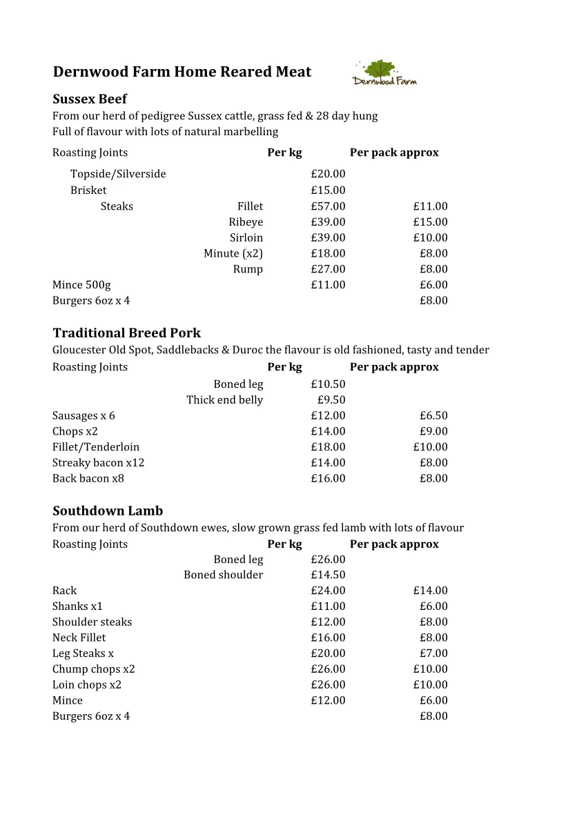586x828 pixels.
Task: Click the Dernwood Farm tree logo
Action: [384, 72]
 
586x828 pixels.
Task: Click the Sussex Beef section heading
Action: [90, 99]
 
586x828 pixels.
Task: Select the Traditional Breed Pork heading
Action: [126, 333]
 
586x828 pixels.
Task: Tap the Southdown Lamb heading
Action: [108, 511]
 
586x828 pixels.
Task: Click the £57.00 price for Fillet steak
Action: [328, 206]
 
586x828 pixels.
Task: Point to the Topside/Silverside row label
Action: [118, 174]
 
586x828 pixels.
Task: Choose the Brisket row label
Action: [88, 190]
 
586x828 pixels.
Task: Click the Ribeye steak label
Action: [246, 222]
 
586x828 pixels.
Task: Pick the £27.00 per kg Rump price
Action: [328, 269]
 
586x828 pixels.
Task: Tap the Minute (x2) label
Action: [233, 253]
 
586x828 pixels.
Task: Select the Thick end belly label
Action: [224, 400]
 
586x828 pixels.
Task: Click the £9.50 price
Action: [331, 400]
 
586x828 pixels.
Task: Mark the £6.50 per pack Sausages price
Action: [433, 416]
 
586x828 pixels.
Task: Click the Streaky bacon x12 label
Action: [98, 463]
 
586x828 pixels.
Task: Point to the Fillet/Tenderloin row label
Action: [96, 447]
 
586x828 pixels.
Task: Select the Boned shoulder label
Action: [223, 575]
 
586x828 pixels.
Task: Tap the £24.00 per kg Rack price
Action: [328, 591]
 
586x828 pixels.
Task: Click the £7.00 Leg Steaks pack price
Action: [433, 653]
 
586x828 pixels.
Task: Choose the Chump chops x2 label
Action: [94, 669]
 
